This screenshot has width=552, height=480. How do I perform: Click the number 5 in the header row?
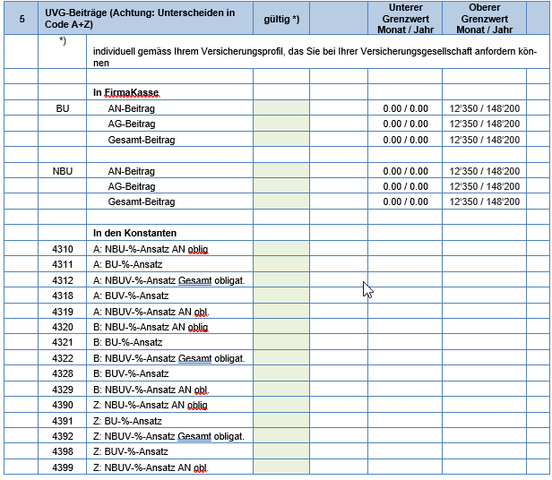[21, 19]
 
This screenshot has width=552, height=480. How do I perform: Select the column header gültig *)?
[282, 19]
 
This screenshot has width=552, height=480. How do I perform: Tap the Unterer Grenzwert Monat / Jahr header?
[405, 19]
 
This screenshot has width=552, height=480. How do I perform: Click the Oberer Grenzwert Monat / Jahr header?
[484, 19]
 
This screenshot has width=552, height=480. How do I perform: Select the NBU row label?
[63, 171]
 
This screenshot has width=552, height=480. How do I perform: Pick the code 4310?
[63, 248]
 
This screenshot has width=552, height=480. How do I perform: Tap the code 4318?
[63, 296]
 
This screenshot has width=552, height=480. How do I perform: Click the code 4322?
[63, 358]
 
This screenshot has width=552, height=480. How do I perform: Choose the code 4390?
[63, 405]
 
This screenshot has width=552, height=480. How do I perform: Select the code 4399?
[63, 467]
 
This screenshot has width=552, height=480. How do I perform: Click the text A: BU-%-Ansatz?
[128, 264]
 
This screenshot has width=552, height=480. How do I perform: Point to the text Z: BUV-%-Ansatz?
[131, 452]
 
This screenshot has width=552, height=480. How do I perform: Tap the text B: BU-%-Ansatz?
[128, 342]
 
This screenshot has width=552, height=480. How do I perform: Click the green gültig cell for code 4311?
[281, 264]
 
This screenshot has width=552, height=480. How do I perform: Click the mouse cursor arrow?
[366, 288]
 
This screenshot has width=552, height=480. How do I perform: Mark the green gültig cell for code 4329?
[281, 390]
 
